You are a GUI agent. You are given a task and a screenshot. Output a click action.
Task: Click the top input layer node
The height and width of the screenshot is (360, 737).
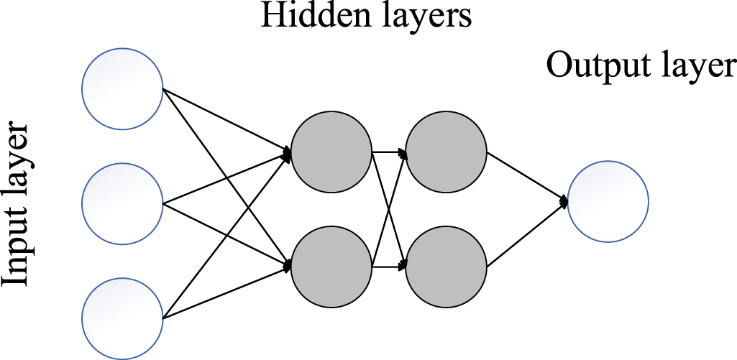[x=122, y=89]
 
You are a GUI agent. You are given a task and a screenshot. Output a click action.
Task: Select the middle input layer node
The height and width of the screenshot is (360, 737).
[x=122, y=203]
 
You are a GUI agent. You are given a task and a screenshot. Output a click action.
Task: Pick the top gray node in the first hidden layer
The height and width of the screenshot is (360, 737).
[x=331, y=152]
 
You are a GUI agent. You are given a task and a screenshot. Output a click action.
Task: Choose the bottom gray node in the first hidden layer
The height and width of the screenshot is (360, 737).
[x=331, y=266]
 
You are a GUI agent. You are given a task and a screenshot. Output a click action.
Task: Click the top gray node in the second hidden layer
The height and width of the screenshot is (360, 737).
[x=447, y=152]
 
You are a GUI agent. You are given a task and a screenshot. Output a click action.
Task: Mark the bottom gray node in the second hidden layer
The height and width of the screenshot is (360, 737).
[x=447, y=266]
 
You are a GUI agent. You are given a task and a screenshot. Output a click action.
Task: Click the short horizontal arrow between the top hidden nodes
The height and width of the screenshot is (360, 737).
[x=389, y=152]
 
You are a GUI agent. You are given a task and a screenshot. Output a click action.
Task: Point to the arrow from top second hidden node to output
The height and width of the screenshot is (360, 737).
[x=526, y=177]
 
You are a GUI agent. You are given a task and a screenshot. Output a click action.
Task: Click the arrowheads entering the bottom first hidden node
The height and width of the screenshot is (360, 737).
[x=287, y=265]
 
